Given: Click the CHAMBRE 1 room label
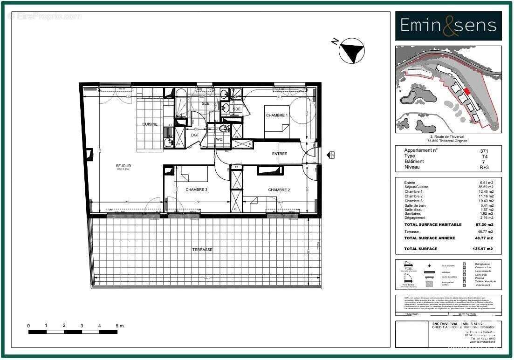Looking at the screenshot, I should pos(277,115).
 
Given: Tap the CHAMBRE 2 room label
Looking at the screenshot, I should pos(279,190).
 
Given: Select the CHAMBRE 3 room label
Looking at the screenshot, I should pos(196,190).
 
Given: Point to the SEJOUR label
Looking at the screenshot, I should pos(123,166).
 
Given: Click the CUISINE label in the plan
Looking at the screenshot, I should pos(150,124).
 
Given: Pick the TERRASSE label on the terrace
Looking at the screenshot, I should pos(202,250).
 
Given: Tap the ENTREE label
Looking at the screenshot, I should pos(280,154).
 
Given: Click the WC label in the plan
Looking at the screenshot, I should pos(219,139).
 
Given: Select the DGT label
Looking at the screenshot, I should pos(195,135).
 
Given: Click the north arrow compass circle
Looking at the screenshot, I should pos(352,52).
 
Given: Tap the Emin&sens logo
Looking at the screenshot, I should pos(448,26).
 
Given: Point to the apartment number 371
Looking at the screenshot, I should pos(484,151).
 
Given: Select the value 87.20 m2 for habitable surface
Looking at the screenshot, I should pos(485,224).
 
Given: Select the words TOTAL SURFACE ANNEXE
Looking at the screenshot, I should pos(429,238).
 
